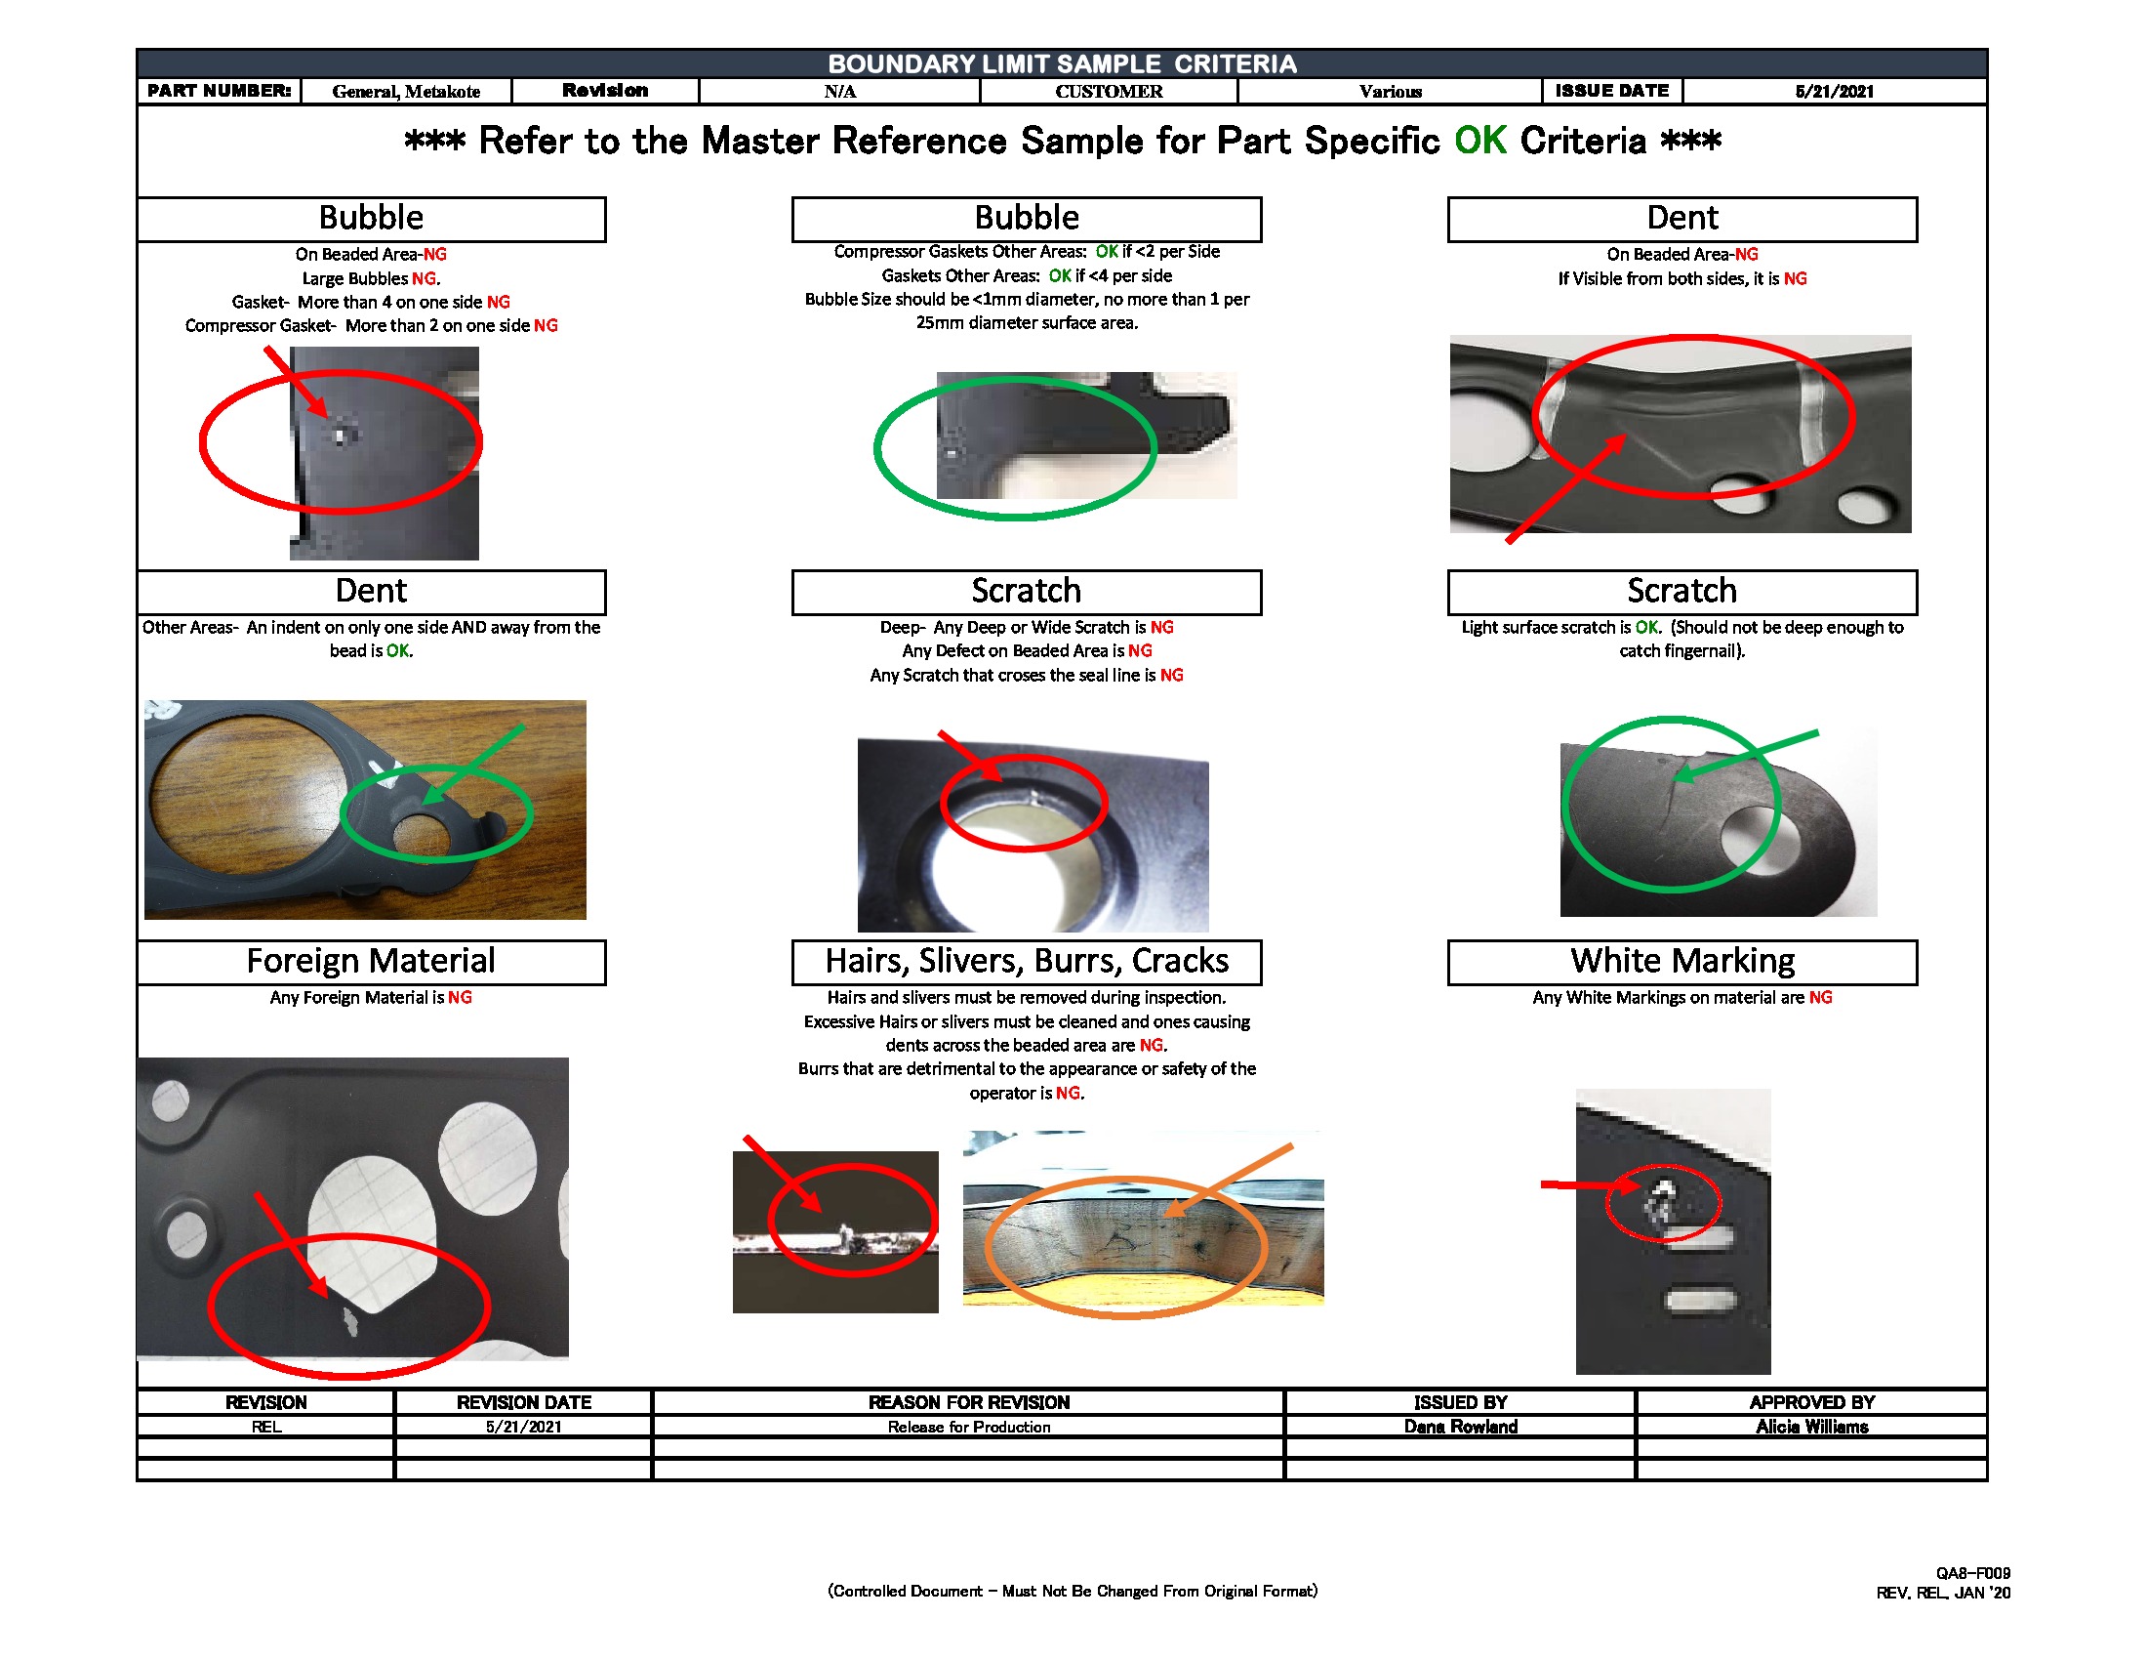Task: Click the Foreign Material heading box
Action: point(371,961)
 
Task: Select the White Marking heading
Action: point(1681,961)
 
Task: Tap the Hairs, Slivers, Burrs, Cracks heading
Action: point(1026,961)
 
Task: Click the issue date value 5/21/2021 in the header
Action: point(1834,92)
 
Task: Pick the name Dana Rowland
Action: point(1460,1426)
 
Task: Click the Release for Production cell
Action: point(968,1426)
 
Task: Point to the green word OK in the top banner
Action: point(1479,141)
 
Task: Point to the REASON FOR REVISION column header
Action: point(968,1401)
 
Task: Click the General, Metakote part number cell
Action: point(406,92)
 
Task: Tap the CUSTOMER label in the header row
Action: point(1108,92)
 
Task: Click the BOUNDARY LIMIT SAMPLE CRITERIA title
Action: point(1062,63)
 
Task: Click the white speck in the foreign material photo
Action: point(348,1323)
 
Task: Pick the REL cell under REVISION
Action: point(265,1426)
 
